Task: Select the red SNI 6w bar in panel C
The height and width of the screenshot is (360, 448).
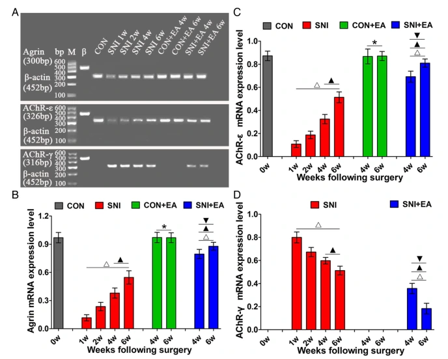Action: coord(339,128)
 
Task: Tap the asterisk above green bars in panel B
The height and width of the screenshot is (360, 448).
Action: coord(165,228)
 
